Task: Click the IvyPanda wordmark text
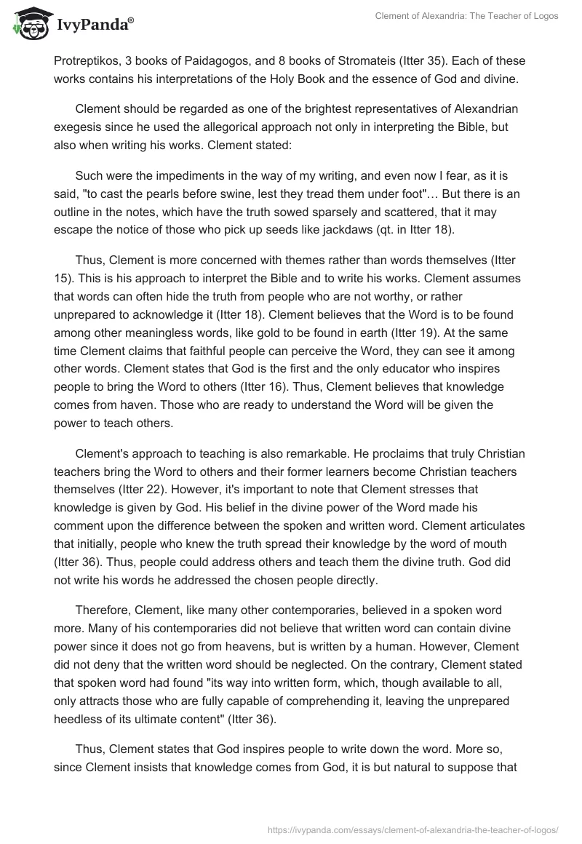95,25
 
